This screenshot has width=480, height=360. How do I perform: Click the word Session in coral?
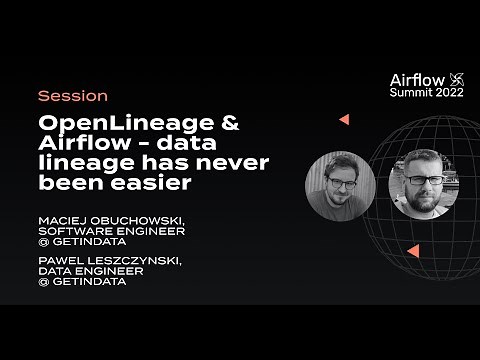click(72, 97)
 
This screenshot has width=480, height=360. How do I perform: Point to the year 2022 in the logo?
click(448, 91)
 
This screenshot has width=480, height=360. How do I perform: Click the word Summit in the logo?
click(409, 91)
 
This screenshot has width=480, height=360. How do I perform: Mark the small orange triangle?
click(343, 119)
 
